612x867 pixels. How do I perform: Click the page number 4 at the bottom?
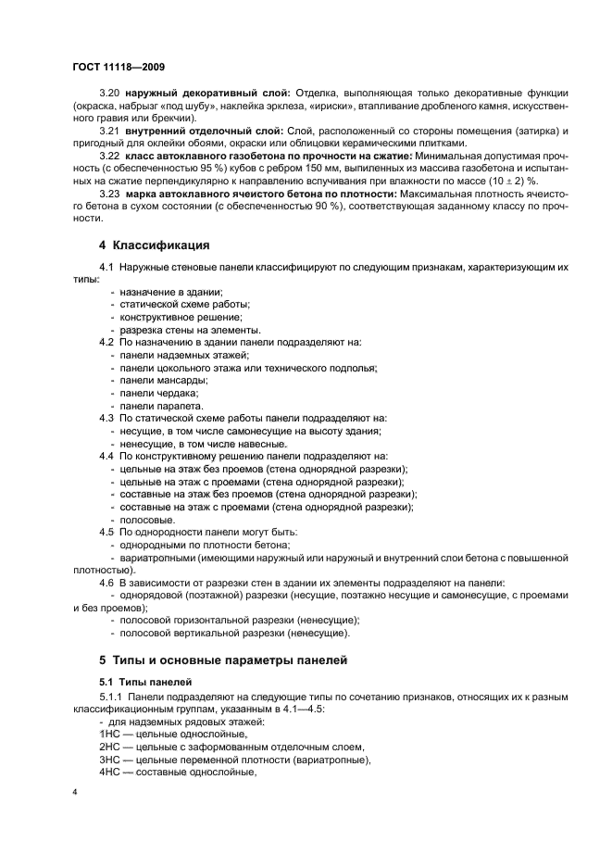click(x=75, y=792)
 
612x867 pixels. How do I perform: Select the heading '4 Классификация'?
click(x=154, y=245)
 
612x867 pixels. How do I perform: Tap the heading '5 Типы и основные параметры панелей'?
click(x=222, y=660)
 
